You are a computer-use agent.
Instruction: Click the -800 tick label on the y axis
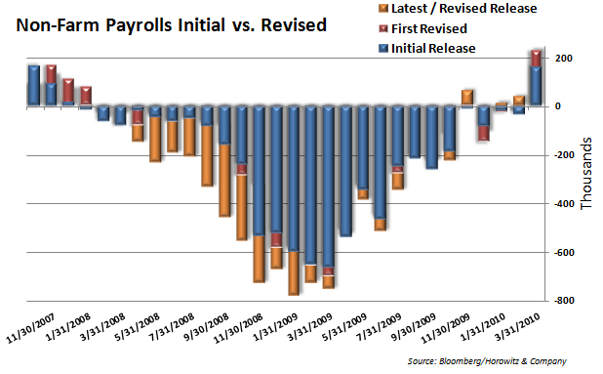click(564, 302)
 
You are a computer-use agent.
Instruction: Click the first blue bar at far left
click(33, 86)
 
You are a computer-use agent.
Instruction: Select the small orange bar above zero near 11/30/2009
click(467, 97)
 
